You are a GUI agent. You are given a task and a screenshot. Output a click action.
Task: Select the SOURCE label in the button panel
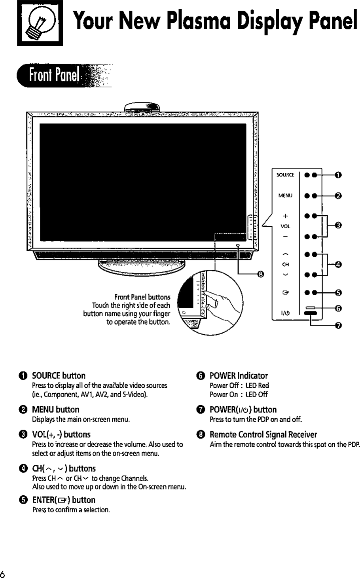(x=285, y=175)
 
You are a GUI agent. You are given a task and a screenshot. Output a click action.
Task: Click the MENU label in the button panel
(x=285, y=195)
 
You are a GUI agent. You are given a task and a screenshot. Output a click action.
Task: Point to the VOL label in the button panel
(x=285, y=227)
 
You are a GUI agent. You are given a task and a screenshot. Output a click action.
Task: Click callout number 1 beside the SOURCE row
(x=339, y=175)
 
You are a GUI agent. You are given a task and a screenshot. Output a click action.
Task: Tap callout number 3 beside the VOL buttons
(x=339, y=226)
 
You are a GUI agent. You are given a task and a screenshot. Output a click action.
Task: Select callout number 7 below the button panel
(x=339, y=326)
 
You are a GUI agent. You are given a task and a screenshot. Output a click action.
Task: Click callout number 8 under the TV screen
(x=260, y=273)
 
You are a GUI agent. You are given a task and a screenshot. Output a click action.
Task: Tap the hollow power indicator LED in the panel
(x=311, y=307)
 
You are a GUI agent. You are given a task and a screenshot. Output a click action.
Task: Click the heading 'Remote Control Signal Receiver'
(x=263, y=435)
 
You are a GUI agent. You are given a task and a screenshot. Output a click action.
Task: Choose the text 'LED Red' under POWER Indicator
(x=257, y=385)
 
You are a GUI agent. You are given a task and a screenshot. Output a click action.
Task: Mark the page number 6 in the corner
(x=3, y=574)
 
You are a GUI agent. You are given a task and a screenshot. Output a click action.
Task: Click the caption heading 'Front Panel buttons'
(x=142, y=297)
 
